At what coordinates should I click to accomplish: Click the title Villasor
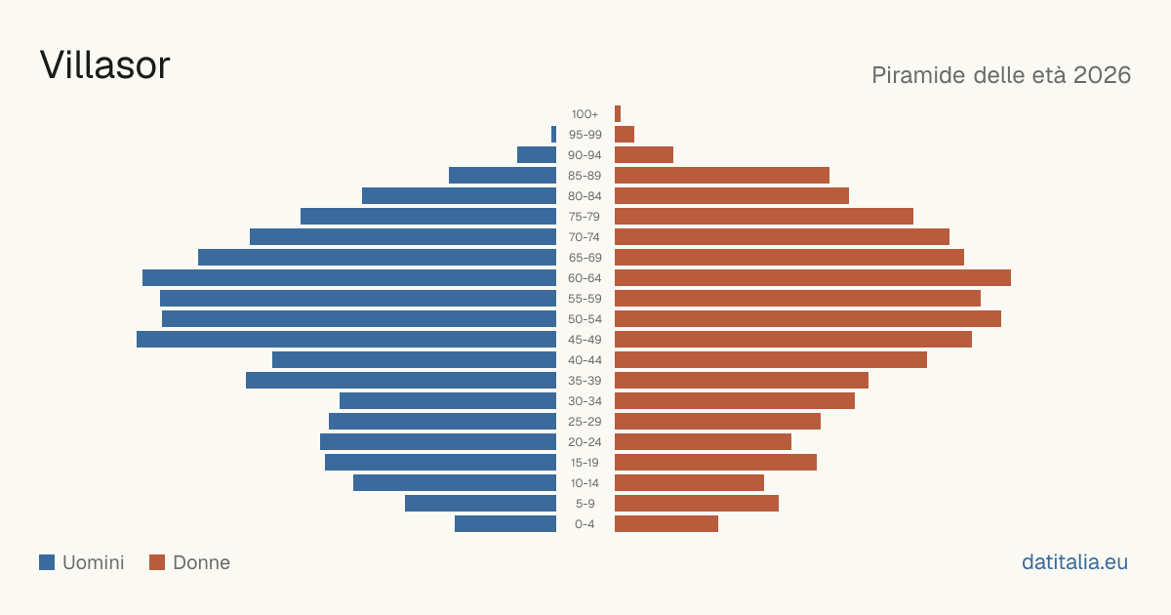(104, 65)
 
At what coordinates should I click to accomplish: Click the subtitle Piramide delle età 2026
(1001, 75)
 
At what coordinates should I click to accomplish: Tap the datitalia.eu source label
(1074, 562)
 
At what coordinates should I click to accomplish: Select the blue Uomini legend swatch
(47, 562)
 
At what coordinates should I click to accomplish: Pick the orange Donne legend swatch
(157, 562)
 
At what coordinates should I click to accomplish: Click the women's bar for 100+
(618, 114)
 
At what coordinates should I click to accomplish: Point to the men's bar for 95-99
(553, 135)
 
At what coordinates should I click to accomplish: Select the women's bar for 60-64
(813, 277)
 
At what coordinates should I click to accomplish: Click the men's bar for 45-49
(346, 340)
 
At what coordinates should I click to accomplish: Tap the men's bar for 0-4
(505, 524)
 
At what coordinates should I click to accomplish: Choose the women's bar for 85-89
(722, 175)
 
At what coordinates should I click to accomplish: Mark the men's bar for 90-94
(537, 155)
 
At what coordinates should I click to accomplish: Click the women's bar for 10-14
(689, 482)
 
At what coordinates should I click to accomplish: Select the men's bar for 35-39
(401, 380)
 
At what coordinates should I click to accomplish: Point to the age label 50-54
(585, 319)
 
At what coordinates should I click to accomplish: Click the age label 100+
(585, 114)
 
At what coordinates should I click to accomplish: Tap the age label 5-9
(585, 504)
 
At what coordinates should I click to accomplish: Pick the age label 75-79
(585, 217)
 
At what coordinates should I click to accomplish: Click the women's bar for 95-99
(625, 135)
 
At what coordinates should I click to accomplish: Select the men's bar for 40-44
(414, 360)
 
